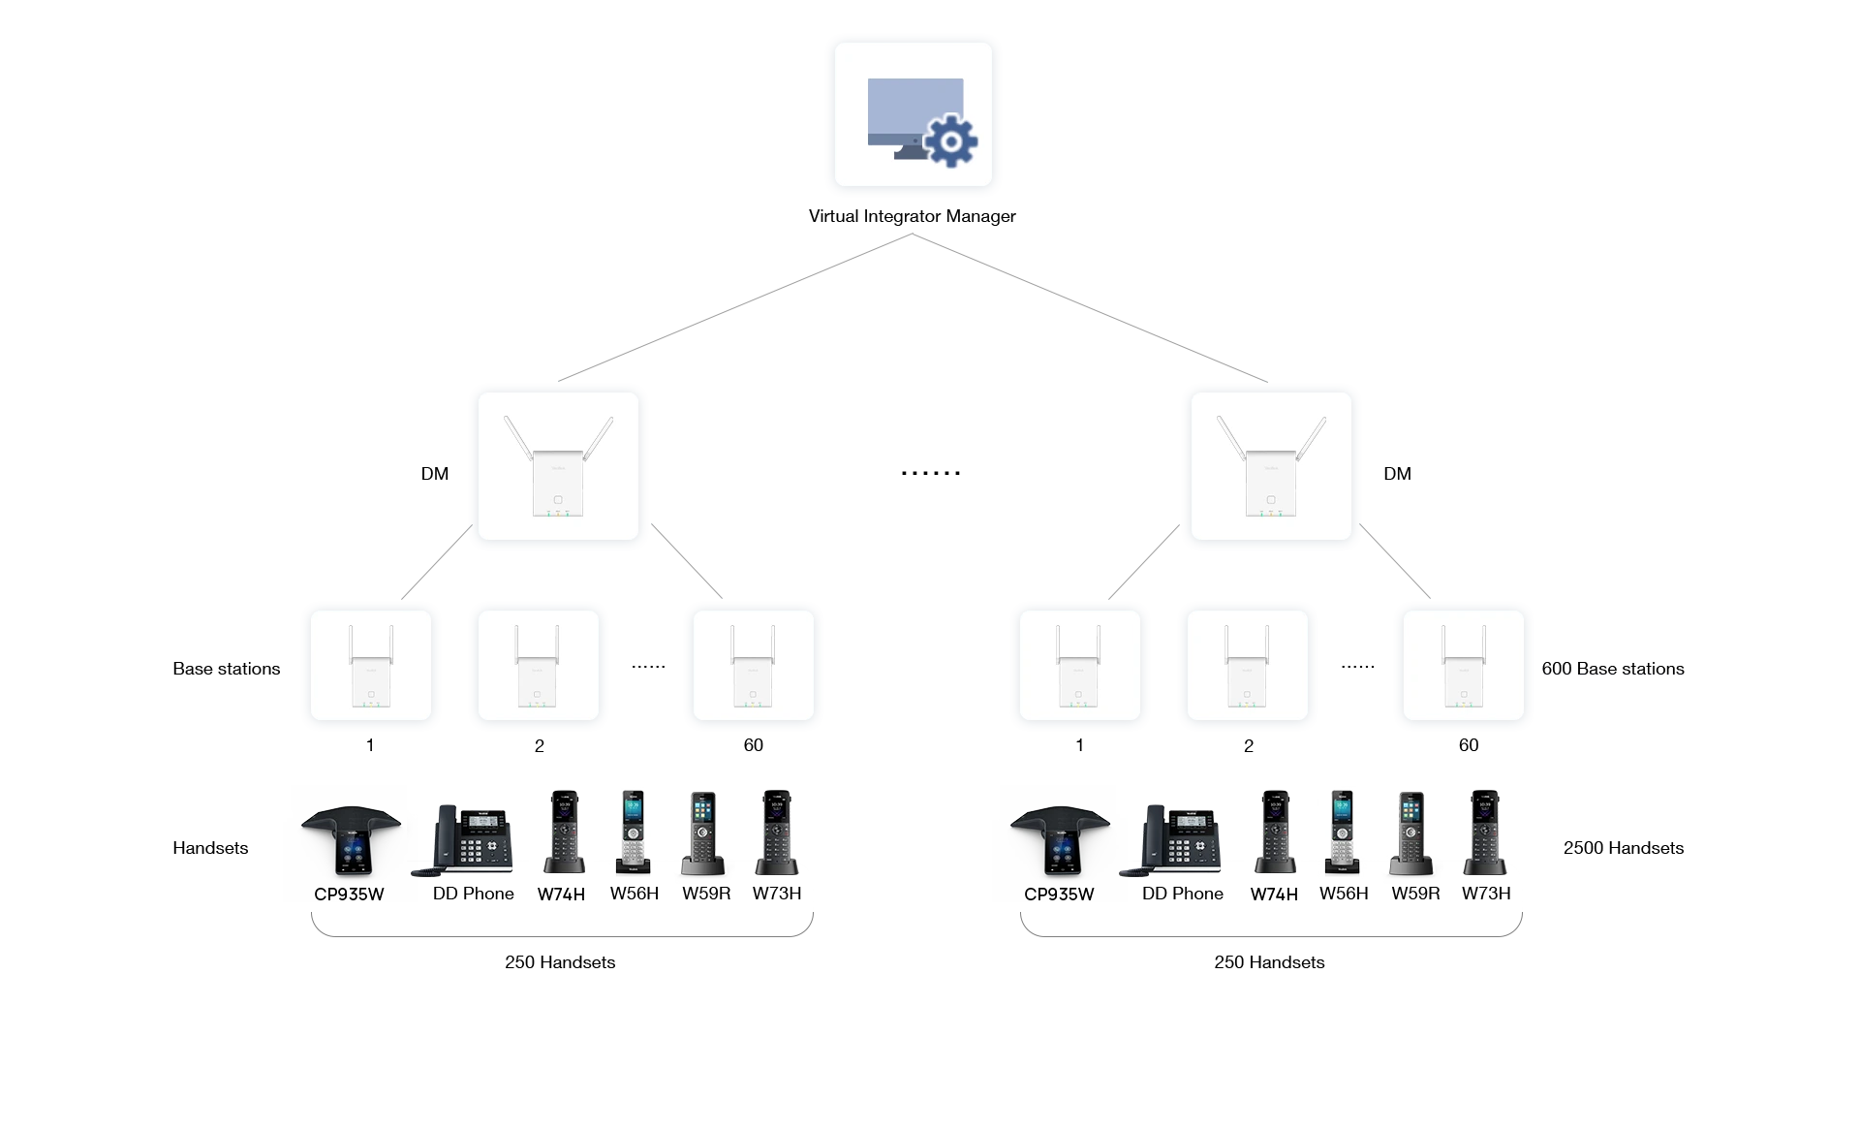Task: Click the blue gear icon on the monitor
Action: (950, 142)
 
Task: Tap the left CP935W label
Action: (349, 895)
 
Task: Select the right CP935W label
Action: (1059, 895)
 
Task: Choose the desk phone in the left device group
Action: (465, 839)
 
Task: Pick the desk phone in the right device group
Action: (1174, 839)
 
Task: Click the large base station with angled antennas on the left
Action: (558, 468)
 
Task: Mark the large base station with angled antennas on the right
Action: (1270, 468)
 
